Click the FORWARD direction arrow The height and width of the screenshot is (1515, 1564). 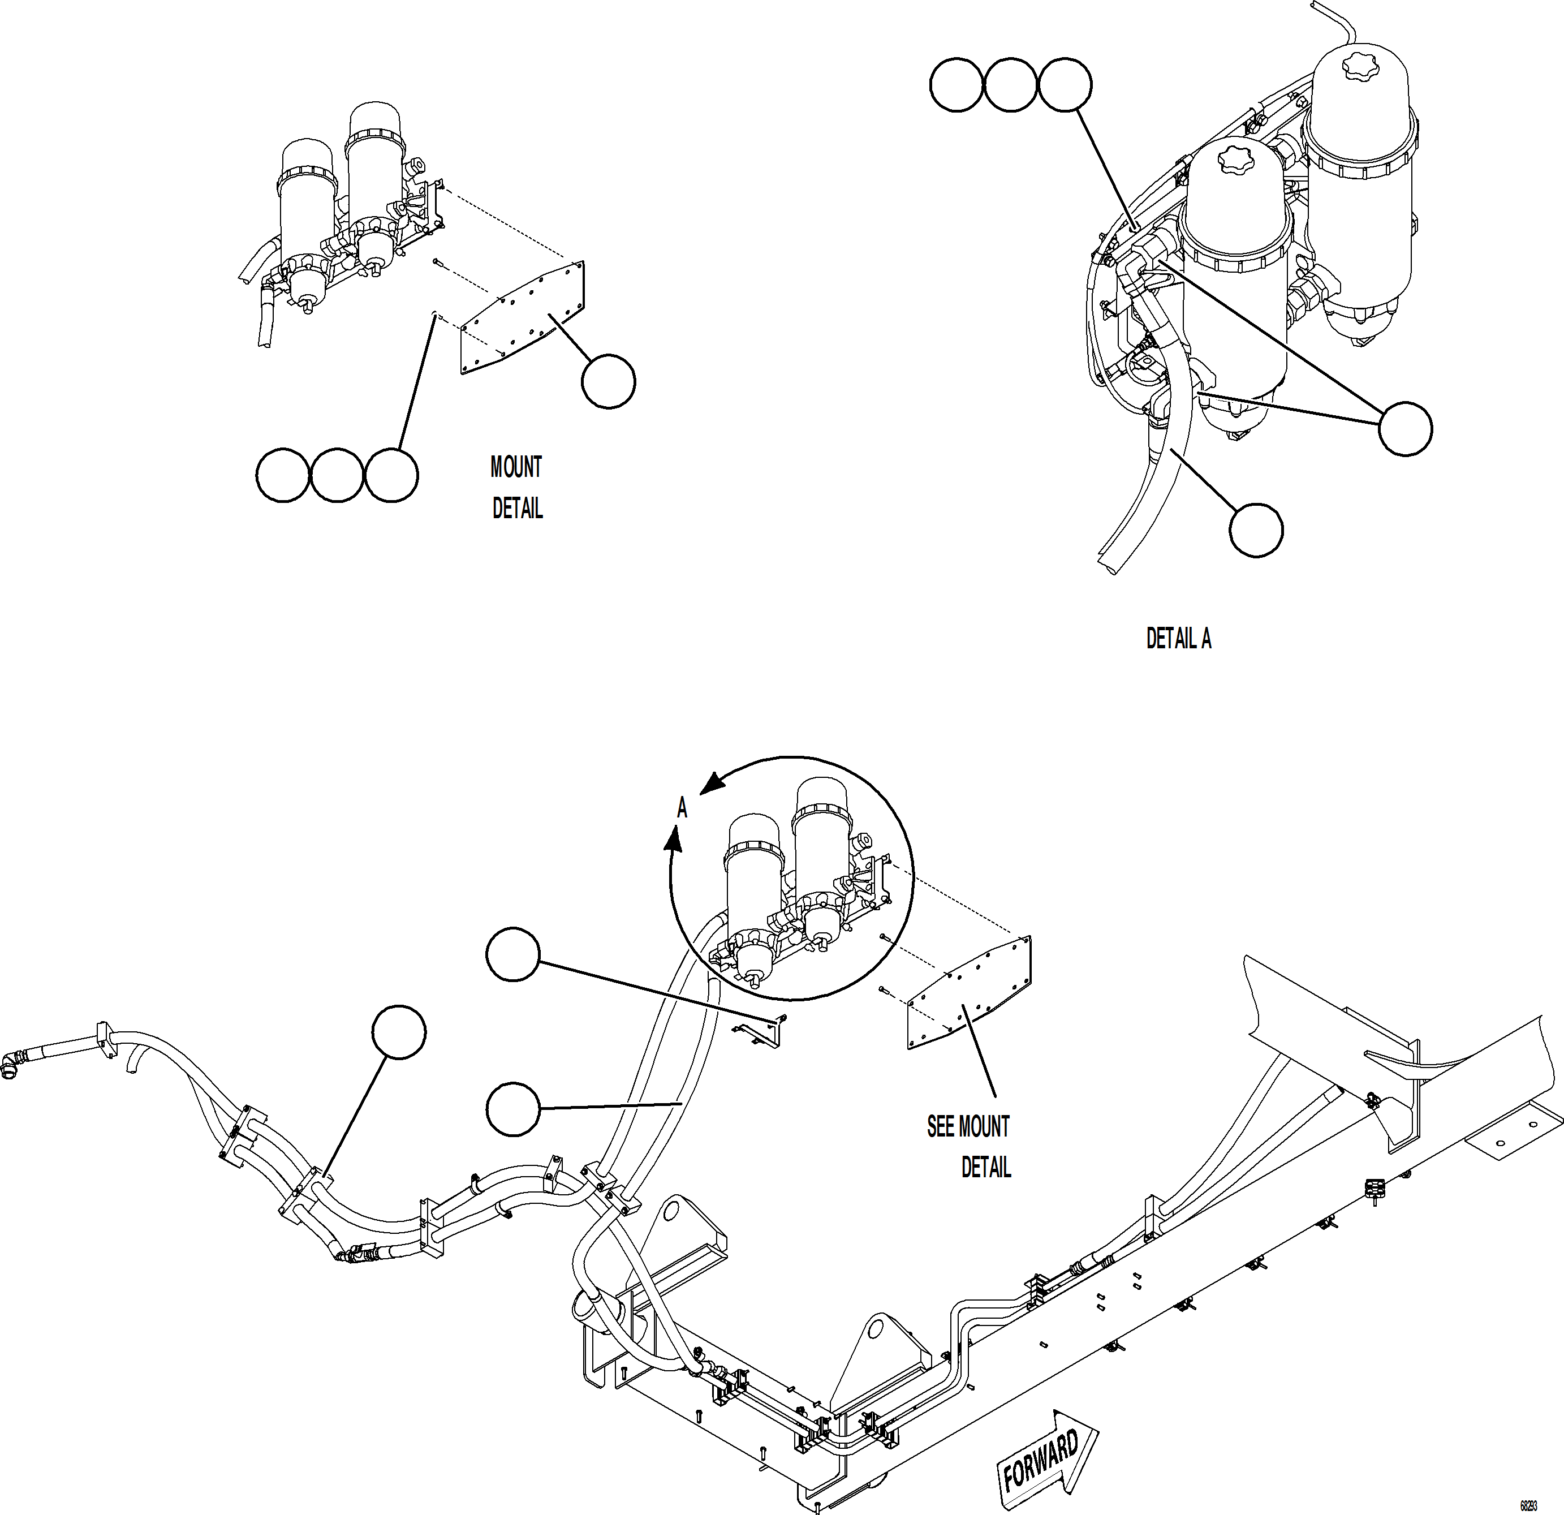(x=1046, y=1449)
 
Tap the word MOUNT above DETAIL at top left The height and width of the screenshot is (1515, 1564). (x=515, y=467)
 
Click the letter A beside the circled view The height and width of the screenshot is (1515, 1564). (x=682, y=808)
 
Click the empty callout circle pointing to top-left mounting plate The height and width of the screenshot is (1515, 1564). (x=608, y=382)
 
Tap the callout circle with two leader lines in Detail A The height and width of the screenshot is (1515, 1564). (x=1405, y=429)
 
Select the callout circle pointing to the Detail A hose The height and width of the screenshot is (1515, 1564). (x=1256, y=529)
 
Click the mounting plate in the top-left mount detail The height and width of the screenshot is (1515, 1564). (x=523, y=318)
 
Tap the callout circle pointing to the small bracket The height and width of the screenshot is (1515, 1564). (x=513, y=954)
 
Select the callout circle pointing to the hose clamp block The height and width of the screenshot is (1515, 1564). (x=398, y=1032)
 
